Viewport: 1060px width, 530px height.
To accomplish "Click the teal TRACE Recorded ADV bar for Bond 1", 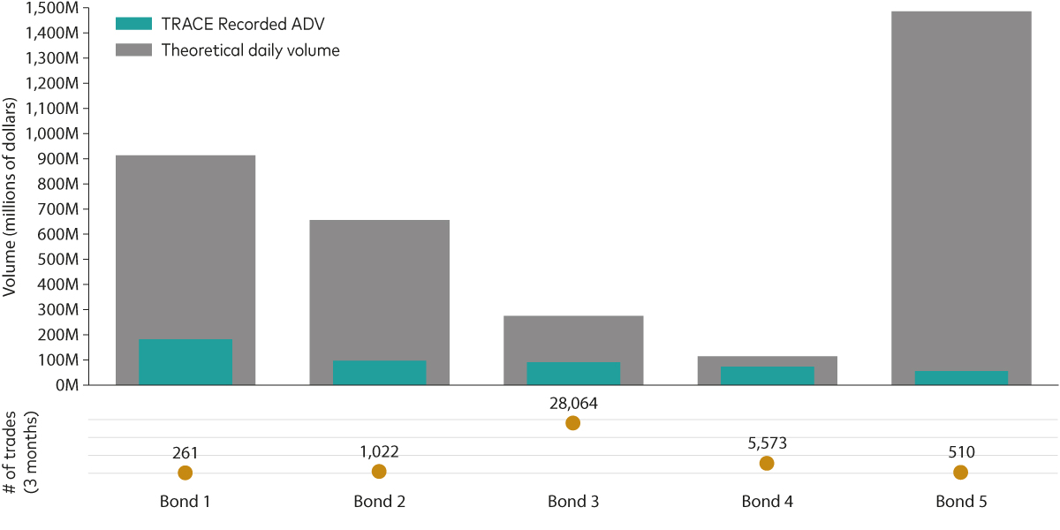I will pos(185,362).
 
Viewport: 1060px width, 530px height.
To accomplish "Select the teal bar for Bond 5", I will pos(961,378).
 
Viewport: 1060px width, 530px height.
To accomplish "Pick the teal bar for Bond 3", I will pos(573,374).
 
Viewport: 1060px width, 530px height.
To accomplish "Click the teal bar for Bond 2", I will pos(379,373).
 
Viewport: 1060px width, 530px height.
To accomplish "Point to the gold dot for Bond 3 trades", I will pos(572,423).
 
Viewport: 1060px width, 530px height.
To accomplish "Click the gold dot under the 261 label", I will pos(185,473).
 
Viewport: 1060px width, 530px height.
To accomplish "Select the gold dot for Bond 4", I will pos(767,464).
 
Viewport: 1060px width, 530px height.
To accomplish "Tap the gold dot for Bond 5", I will pos(960,473).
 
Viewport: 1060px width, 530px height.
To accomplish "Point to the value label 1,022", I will pos(379,451).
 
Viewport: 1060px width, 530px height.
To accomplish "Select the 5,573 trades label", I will pos(767,443).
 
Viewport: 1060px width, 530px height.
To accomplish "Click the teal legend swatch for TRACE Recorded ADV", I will pos(134,23).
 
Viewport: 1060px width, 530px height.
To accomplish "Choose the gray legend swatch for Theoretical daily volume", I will pos(134,49).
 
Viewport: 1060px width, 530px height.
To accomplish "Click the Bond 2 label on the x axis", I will pos(379,502).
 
